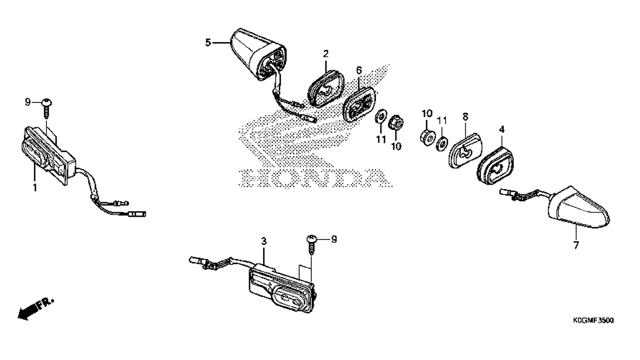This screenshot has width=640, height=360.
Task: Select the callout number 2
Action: [x=325, y=54]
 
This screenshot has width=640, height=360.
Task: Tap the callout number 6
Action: [x=359, y=70]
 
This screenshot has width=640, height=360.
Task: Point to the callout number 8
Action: [x=465, y=115]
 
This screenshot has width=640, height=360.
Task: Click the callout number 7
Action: [x=576, y=245]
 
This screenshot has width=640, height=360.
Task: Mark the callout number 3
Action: [x=264, y=241]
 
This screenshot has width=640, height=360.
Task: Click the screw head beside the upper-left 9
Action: [x=46, y=102]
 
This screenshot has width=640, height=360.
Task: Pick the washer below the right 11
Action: [x=442, y=143]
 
